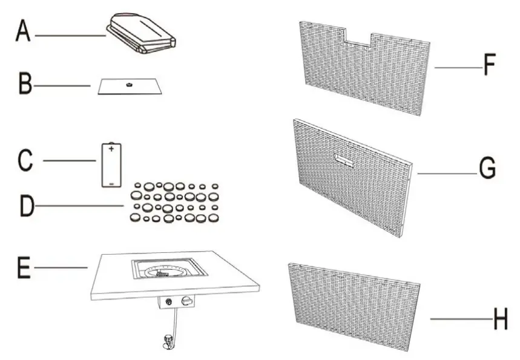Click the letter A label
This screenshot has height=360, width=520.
click(x=22, y=31)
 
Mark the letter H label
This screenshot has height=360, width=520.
click(x=500, y=320)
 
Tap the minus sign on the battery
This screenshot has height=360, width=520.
click(x=111, y=182)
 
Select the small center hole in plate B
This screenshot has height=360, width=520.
click(x=128, y=85)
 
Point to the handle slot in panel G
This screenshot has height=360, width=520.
click(x=345, y=161)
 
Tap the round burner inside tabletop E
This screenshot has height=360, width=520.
click(x=163, y=270)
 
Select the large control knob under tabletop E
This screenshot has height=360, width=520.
click(x=187, y=301)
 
